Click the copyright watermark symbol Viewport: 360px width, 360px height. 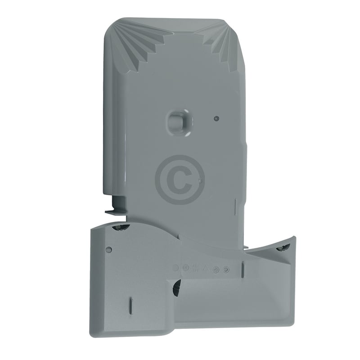[x=180, y=180]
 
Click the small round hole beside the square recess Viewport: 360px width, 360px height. [x=216, y=119]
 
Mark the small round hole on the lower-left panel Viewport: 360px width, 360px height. [x=108, y=249]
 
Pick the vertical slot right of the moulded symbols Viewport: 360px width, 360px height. [x=243, y=270]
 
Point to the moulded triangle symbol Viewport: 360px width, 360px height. [x=206, y=268]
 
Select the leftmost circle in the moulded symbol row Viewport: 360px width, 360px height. [x=175, y=268]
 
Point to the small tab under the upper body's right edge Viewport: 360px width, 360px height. [x=247, y=247]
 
